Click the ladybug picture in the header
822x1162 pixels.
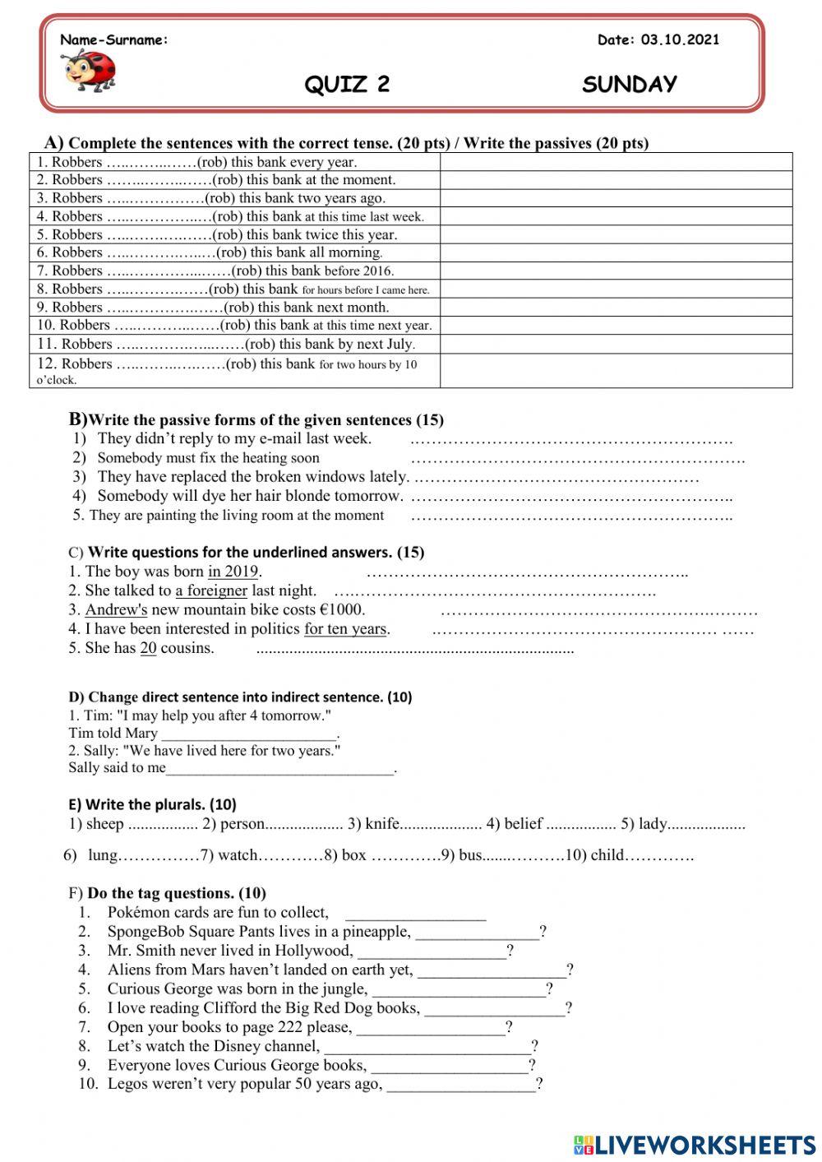pyautogui.click(x=89, y=70)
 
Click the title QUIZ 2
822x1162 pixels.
pyautogui.click(x=347, y=84)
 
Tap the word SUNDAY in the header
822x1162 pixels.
pyautogui.click(x=630, y=84)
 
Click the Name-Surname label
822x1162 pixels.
pyautogui.click(x=114, y=39)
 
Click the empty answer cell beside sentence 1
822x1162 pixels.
pyautogui.click(x=616, y=162)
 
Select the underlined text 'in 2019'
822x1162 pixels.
pyautogui.click(x=233, y=572)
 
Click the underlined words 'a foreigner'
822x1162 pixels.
pyautogui.click(x=211, y=590)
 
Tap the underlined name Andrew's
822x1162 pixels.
pyautogui.click(x=116, y=609)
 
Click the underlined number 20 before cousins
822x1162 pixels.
pyautogui.click(x=148, y=648)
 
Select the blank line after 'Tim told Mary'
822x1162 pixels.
pyautogui.click(x=249, y=734)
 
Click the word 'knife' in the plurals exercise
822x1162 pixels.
pyautogui.click(x=382, y=823)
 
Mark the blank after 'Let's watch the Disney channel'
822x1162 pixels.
pyautogui.click(x=427, y=1046)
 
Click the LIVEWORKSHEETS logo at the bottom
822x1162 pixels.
pyautogui.click(x=695, y=1145)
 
